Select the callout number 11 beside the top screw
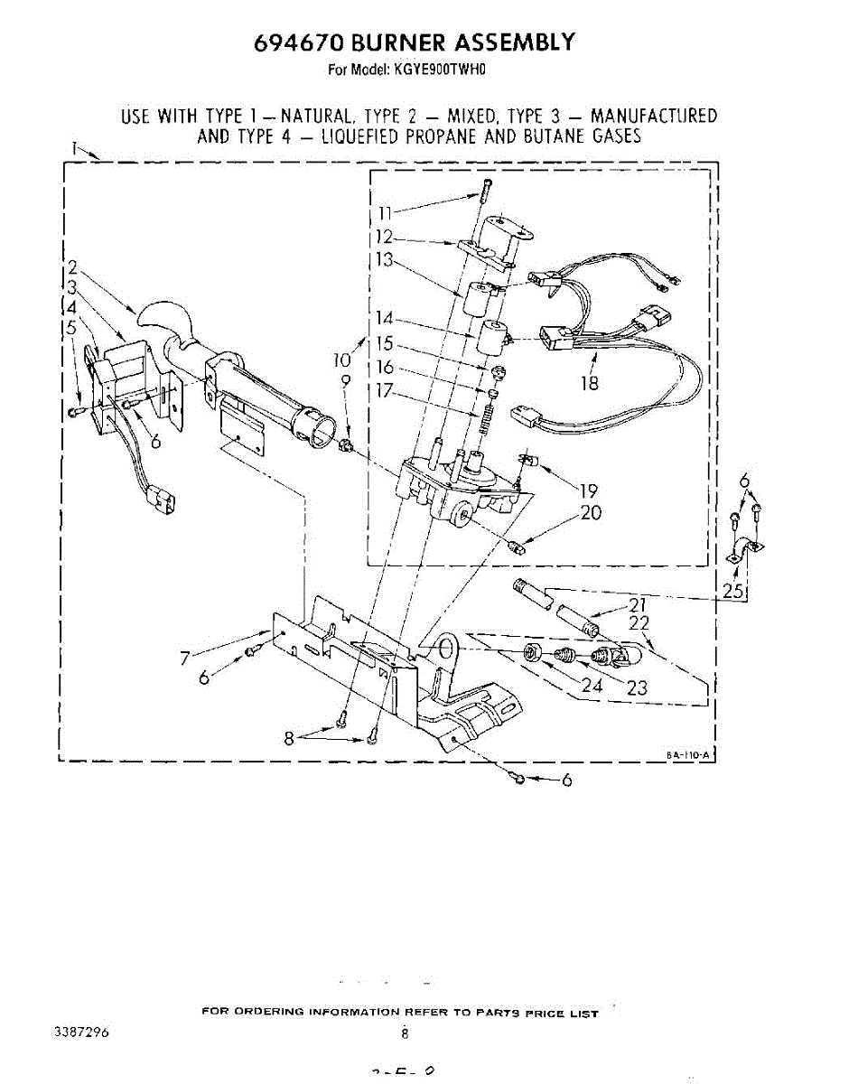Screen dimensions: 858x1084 point(387,214)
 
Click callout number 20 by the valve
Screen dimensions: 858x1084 point(592,513)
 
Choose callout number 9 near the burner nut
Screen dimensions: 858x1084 point(345,381)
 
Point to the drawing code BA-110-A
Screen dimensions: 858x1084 point(688,752)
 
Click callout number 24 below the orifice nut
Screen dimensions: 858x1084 point(591,686)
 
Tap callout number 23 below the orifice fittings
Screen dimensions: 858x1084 point(637,687)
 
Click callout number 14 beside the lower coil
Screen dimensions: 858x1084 point(386,318)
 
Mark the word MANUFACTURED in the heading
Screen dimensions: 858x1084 point(654,116)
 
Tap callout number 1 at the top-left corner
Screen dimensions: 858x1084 point(72,146)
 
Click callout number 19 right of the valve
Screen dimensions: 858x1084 point(588,491)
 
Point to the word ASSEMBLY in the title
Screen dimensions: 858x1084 point(513,42)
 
